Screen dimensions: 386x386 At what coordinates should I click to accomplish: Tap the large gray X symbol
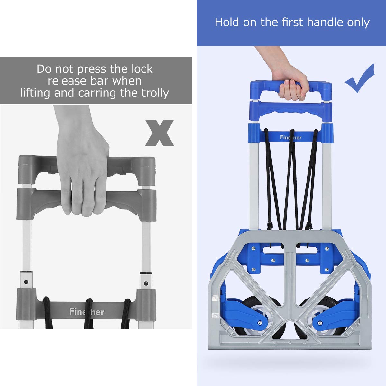coord(160,133)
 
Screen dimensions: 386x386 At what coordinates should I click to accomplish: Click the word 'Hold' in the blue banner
coord(226,22)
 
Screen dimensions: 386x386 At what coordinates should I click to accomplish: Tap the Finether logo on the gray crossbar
coord(87,312)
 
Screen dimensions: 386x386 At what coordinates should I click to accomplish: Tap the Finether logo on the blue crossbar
coord(291,137)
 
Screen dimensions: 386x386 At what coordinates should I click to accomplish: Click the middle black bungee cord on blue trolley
coord(291,180)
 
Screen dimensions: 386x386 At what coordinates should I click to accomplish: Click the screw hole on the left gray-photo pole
coord(26,282)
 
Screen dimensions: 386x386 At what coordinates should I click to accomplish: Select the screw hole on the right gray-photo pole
coord(146,283)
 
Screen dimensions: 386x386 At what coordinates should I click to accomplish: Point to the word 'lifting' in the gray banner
coord(35,93)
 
